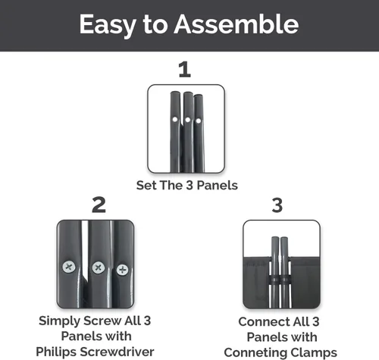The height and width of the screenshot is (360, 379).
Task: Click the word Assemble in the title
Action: click(x=236, y=24)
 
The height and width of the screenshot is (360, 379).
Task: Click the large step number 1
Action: click(x=184, y=69)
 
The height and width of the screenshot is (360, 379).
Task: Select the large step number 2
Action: click(x=99, y=205)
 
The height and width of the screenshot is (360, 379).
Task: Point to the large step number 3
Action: click(x=277, y=205)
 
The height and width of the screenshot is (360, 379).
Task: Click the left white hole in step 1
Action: click(x=175, y=120)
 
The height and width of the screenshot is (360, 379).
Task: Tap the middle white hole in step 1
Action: click(x=187, y=120)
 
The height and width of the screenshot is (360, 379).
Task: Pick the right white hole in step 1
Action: click(x=199, y=121)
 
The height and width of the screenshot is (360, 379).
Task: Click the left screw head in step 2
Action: click(x=69, y=267)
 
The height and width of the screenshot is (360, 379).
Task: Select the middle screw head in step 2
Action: click(x=99, y=268)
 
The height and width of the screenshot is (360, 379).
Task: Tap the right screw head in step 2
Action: click(x=122, y=270)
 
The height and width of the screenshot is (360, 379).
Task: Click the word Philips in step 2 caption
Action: click(x=57, y=352)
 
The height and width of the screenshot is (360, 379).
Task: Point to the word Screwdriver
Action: click(x=117, y=352)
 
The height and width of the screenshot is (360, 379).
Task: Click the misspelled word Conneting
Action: click(x=255, y=353)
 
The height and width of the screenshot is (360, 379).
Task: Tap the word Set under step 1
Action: click(x=146, y=185)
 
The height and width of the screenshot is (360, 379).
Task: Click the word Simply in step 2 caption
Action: click(x=59, y=321)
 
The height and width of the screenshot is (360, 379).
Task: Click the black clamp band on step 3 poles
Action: click(x=280, y=280)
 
